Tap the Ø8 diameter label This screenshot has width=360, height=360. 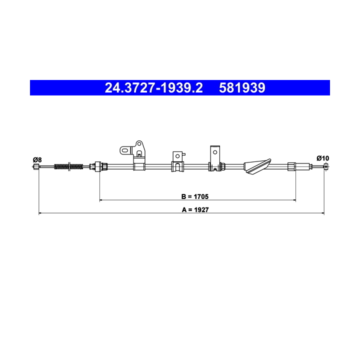(37, 159)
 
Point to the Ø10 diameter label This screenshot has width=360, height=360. (323, 158)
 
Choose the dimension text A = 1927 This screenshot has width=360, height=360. (195, 209)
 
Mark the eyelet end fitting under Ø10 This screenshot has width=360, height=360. (326, 166)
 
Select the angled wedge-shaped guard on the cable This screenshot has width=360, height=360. (256, 166)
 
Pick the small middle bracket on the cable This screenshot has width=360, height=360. (177, 162)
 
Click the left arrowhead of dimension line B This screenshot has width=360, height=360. (102, 200)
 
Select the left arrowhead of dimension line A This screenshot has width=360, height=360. (40, 214)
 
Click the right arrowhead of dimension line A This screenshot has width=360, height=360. (323, 214)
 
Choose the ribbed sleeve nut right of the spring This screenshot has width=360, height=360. (98, 165)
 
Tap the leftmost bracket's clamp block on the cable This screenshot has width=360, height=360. (139, 166)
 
